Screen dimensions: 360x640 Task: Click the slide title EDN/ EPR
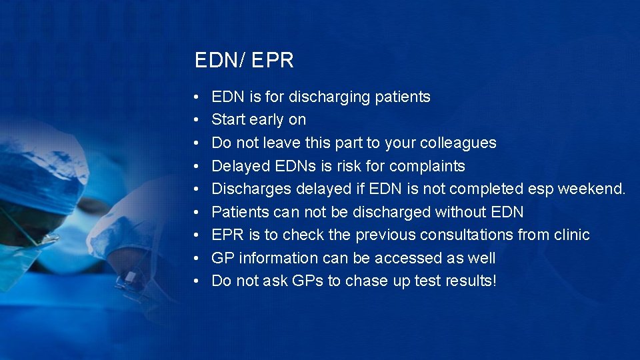[244, 61]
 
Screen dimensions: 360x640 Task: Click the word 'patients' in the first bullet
[403, 97]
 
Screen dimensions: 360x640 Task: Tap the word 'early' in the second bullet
[266, 120]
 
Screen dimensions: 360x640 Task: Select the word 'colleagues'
[459, 143]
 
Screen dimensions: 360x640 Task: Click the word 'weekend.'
[591, 189]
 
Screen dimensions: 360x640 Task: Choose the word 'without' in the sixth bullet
[461, 212]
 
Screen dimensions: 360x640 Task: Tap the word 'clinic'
[571, 235]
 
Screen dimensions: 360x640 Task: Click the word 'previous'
[382, 235]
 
